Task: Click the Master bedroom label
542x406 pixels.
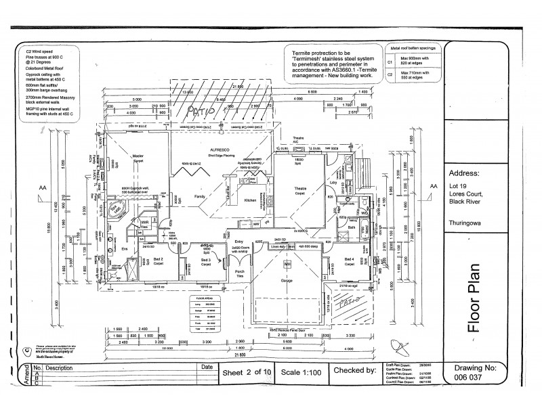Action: (138, 155)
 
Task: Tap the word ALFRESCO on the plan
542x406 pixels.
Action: (202, 150)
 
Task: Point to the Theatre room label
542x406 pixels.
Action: (299, 188)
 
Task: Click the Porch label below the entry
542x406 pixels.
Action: (239, 272)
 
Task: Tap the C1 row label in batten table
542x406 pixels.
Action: (390, 62)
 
